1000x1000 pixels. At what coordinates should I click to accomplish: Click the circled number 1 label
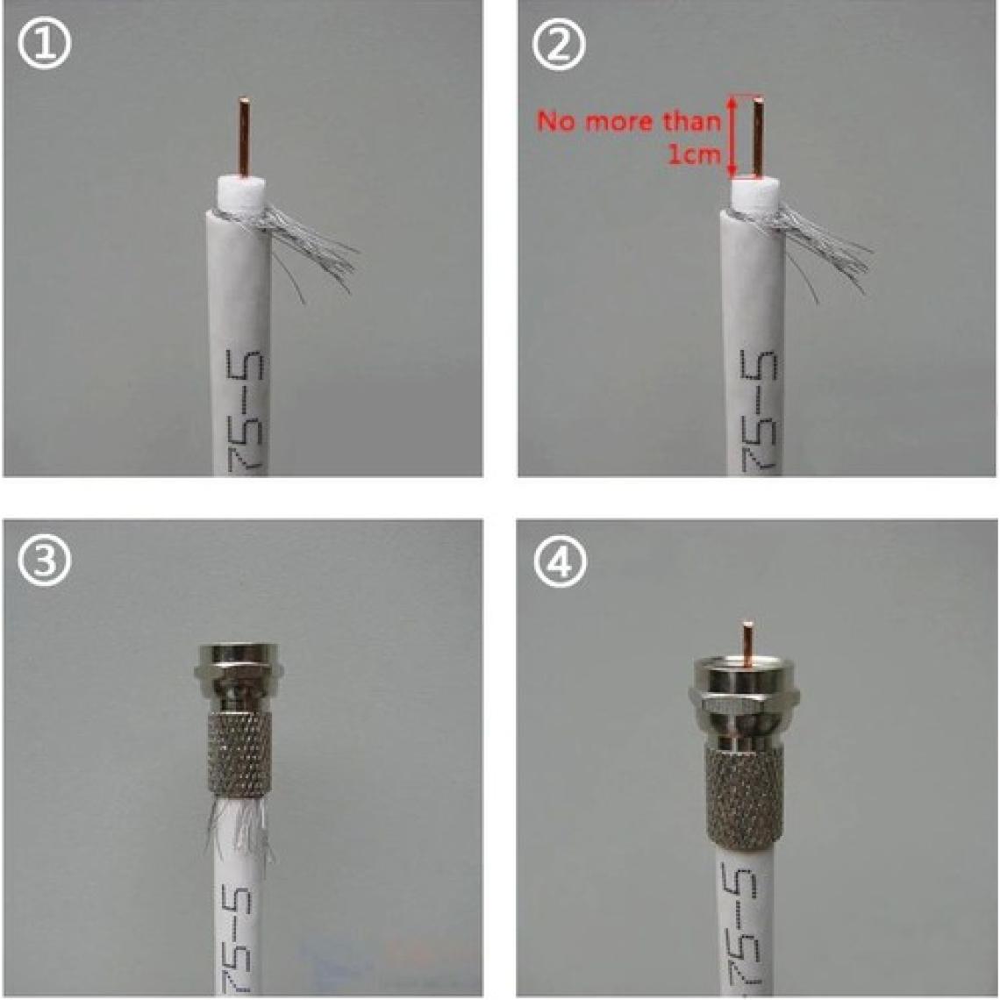pyautogui.click(x=44, y=44)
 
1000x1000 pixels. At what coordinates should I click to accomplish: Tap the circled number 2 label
pyautogui.click(x=559, y=44)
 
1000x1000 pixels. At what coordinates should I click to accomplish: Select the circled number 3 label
pyautogui.click(x=44, y=562)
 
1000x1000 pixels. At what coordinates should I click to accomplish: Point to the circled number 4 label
pyautogui.click(x=559, y=562)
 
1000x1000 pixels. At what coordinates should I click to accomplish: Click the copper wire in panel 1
pyautogui.click(x=244, y=136)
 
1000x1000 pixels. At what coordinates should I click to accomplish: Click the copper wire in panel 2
pyautogui.click(x=758, y=136)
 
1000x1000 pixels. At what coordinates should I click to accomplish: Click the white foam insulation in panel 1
pyautogui.click(x=242, y=191)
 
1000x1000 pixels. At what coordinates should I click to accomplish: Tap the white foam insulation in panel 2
pyautogui.click(x=756, y=191)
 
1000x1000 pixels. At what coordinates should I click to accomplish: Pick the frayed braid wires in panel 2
pyautogui.click(x=823, y=246)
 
